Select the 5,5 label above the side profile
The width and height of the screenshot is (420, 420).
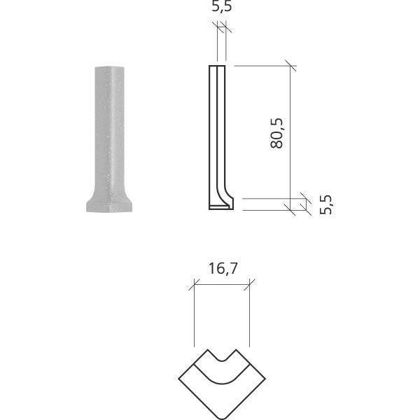(x=221, y=9)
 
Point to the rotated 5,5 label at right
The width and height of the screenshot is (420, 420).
(x=325, y=204)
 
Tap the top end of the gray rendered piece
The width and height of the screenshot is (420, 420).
(x=105, y=69)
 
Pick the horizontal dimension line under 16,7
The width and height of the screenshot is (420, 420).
(x=221, y=284)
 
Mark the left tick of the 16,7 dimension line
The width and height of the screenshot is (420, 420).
(x=193, y=284)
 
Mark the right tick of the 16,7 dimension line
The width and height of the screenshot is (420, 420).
(x=250, y=284)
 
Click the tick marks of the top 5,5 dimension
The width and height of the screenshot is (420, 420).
(x=220, y=27)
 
